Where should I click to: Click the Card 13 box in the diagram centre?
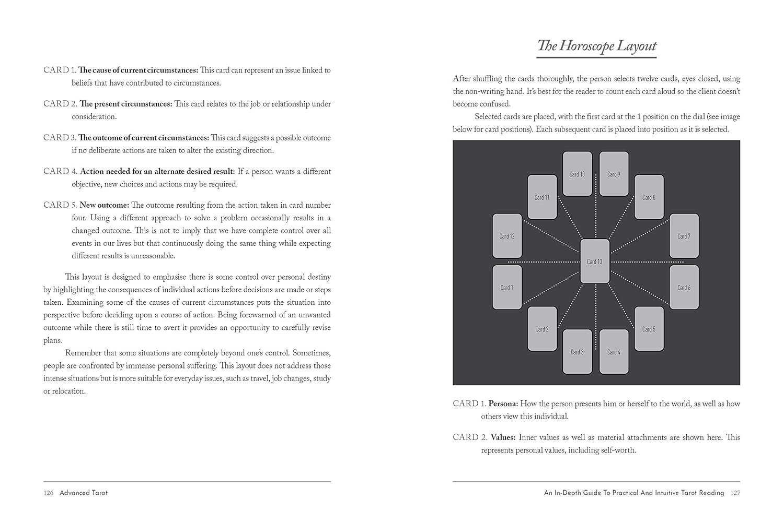point(595,262)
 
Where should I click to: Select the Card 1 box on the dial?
point(507,287)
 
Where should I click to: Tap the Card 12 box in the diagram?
point(507,236)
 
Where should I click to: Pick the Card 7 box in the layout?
point(684,236)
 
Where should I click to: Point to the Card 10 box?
point(577,174)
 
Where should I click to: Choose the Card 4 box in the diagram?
point(614,352)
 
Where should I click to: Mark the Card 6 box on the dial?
point(684,287)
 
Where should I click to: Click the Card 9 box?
point(614,174)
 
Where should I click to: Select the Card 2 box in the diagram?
point(542,329)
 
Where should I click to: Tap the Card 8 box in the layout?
point(649,197)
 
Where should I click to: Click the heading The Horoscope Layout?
point(596,46)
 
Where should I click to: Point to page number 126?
point(49,493)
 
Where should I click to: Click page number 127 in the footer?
point(735,493)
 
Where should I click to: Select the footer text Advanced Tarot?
point(84,493)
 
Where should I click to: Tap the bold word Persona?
point(503,403)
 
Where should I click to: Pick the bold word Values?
point(503,437)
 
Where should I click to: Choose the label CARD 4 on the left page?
point(60,171)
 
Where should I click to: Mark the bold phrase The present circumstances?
point(125,104)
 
